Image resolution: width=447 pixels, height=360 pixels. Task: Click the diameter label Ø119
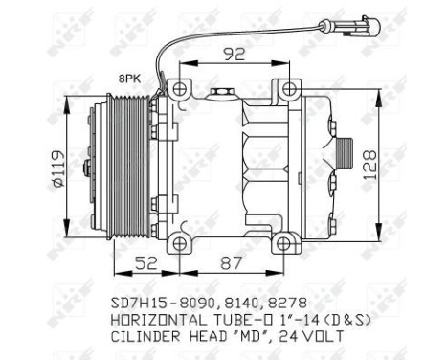(x=57, y=170)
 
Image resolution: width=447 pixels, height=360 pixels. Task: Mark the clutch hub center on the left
(x=87, y=170)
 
